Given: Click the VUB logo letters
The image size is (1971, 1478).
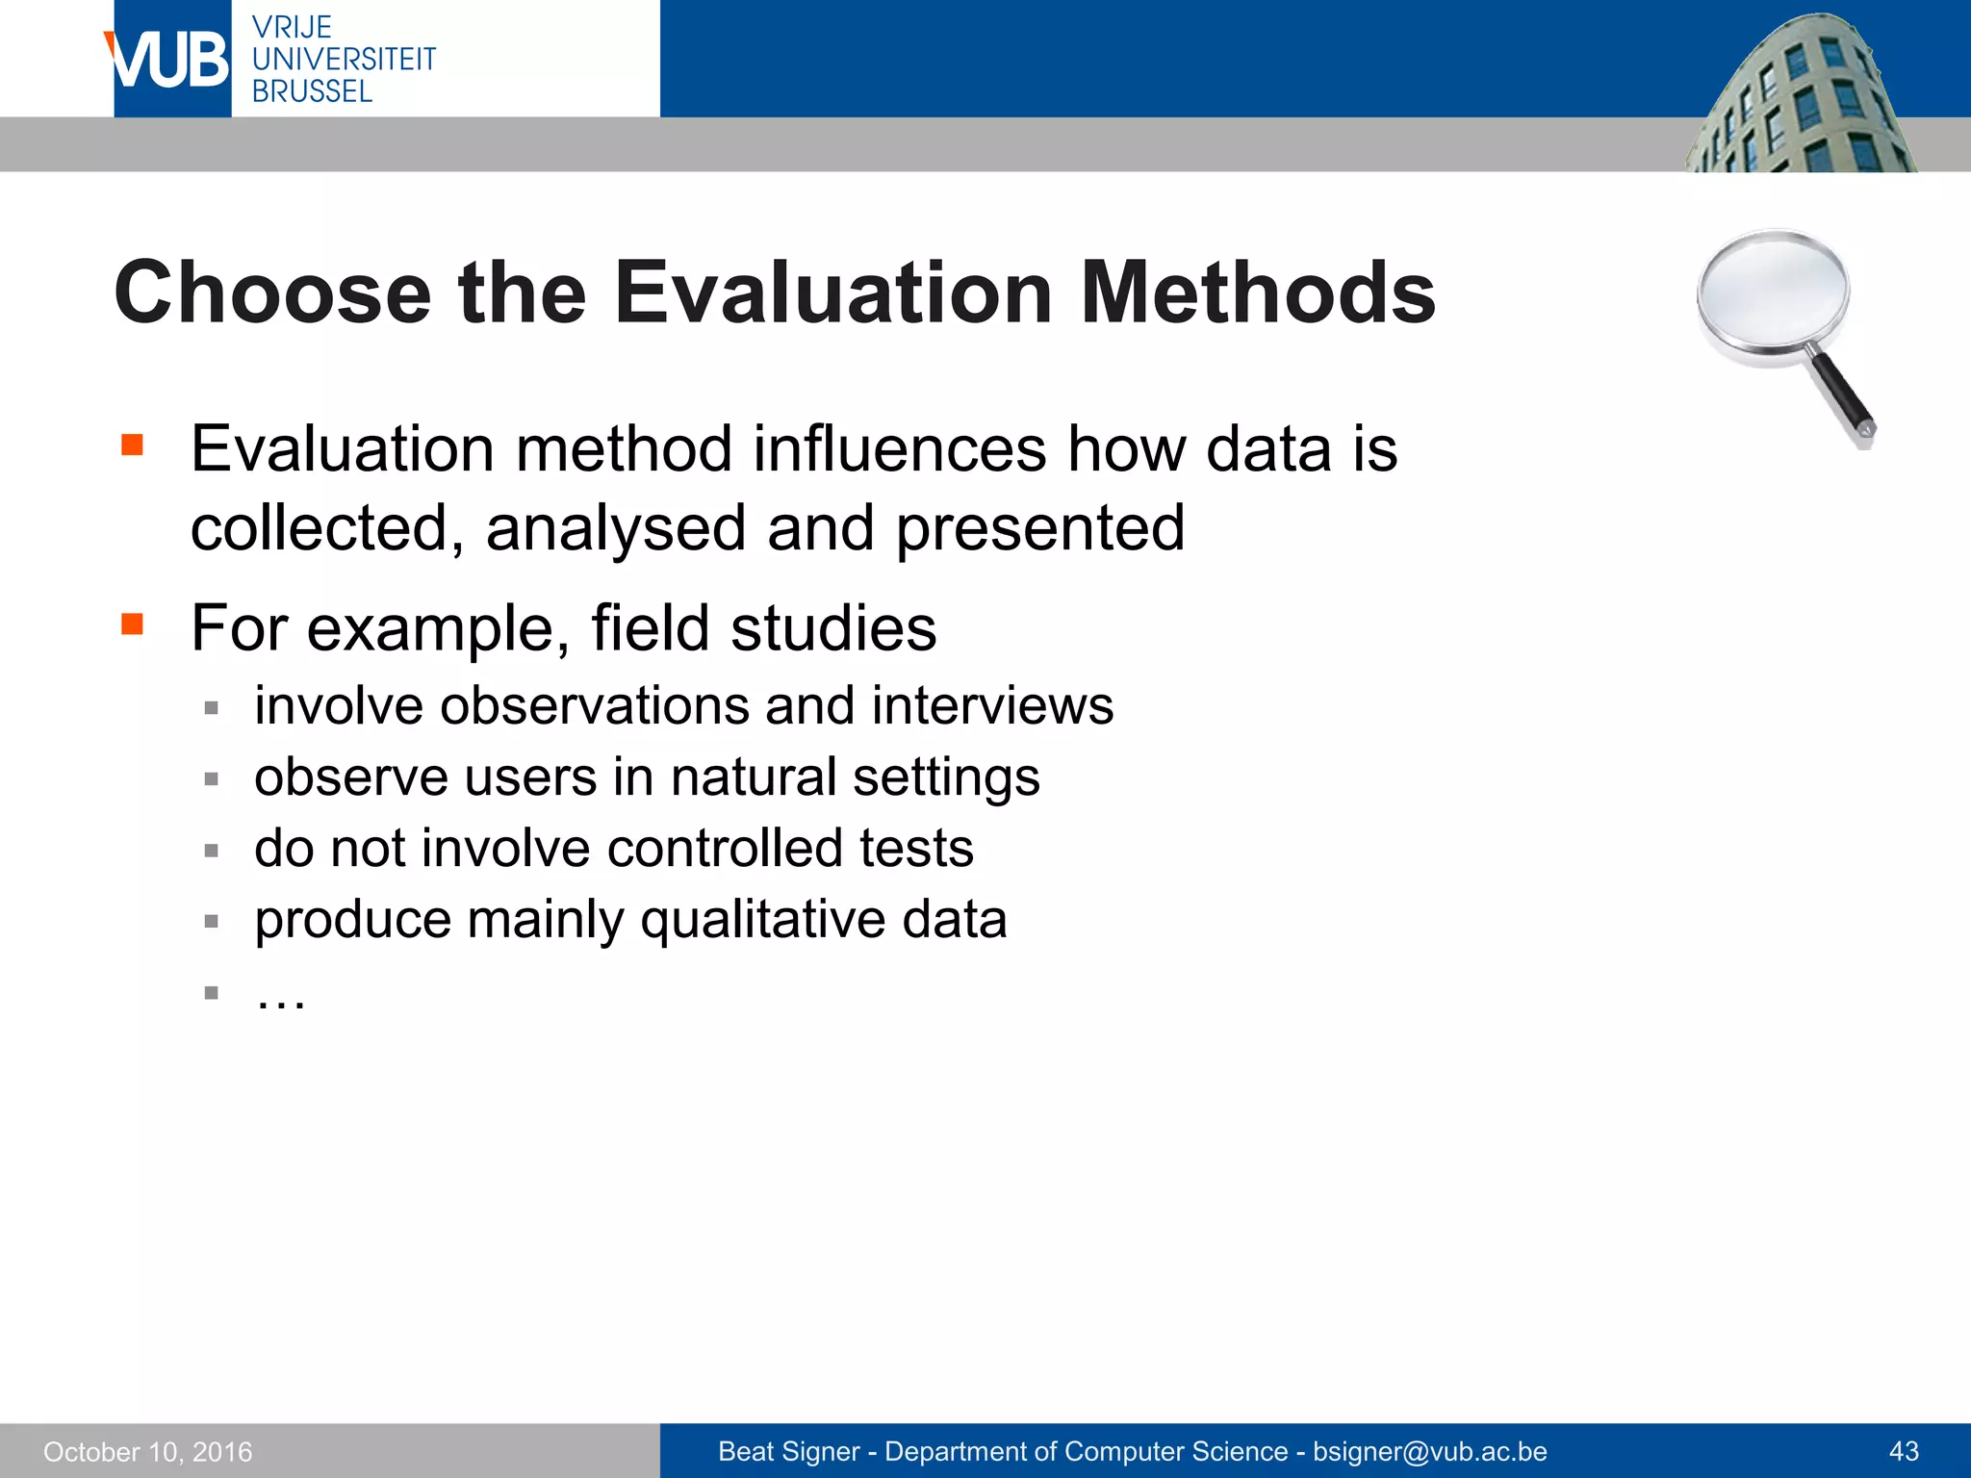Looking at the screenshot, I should click(x=170, y=61).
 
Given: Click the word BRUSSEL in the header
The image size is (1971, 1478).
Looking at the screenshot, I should click(x=312, y=91).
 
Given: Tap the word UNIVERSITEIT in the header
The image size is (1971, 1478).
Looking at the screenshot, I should click(x=344, y=60).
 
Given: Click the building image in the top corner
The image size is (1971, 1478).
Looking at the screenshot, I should click(x=1800, y=96).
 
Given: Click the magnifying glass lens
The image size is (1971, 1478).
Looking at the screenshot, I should click(x=1773, y=293).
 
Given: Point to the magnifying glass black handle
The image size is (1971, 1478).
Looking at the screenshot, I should click(x=1840, y=393).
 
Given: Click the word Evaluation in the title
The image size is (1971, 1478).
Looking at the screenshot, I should click(x=833, y=293).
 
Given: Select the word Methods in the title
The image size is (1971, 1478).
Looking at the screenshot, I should click(x=1258, y=293).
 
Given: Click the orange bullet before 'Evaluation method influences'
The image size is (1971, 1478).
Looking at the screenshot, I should click(x=133, y=445).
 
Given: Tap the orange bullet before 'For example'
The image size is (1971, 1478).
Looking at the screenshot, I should click(x=133, y=624).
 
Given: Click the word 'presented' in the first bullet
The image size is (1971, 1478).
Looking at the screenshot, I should click(x=1039, y=528).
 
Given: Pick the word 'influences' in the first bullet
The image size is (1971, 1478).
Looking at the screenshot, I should click(x=899, y=449).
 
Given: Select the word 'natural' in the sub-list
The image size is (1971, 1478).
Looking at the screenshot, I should click(x=753, y=777).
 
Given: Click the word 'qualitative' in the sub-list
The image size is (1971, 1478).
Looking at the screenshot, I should click(x=762, y=919).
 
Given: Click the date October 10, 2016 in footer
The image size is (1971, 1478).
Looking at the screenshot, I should click(x=148, y=1452).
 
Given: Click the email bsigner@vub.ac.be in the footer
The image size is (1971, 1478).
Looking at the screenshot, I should click(x=1430, y=1452).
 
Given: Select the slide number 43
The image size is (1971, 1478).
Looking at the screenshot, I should click(x=1904, y=1452).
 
